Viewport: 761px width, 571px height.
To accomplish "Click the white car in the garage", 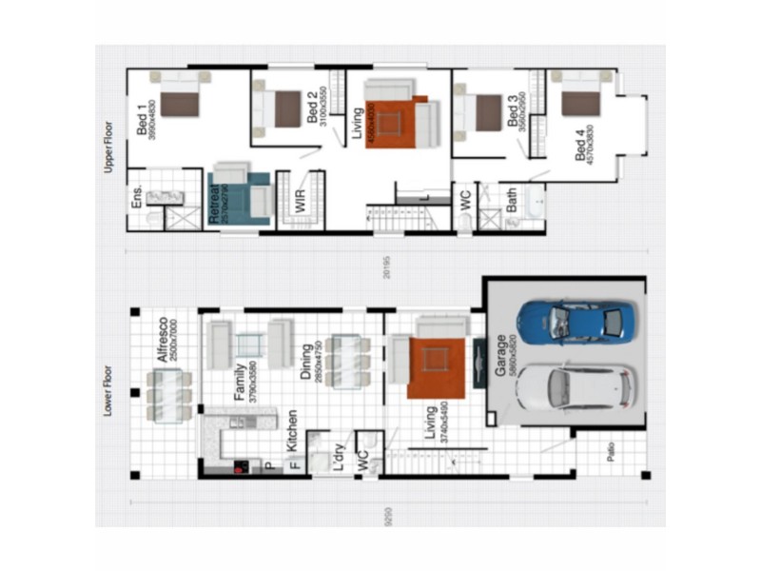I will coord(575,388).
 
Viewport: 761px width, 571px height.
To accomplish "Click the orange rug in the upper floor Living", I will coord(390,122).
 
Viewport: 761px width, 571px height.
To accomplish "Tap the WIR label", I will coord(300,200).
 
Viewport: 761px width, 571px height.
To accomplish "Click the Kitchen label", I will coord(292,431).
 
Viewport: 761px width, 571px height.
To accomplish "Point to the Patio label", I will coord(610,463).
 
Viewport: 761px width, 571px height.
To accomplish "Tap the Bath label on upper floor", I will coord(512,200).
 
